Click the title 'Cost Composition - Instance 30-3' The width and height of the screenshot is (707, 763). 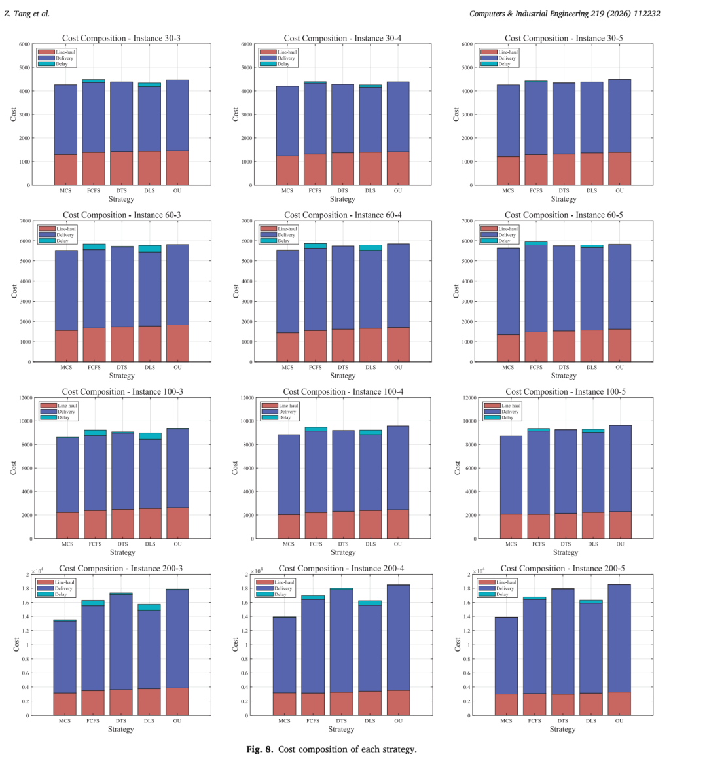pyautogui.click(x=121, y=38)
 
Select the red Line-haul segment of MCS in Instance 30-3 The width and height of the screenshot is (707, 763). pyautogui.click(x=65, y=170)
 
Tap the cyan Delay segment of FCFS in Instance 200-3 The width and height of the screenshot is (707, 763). pyautogui.click(x=93, y=603)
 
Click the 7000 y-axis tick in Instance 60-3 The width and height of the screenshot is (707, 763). pyautogui.click(x=26, y=221)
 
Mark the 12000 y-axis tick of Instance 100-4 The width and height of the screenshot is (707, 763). pyautogui.click(x=247, y=398)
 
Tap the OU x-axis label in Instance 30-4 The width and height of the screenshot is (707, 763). pyautogui.click(x=398, y=191)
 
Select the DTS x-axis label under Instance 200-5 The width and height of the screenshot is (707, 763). pyautogui.click(x=562, y=720)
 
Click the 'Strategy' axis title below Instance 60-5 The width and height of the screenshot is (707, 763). pyautogui.click(x=564, y=376)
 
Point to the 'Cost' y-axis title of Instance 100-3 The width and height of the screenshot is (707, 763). pyautogui.click(x=13, y=468)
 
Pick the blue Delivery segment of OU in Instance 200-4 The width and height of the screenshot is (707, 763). pyautogui.click(x=398, y=638)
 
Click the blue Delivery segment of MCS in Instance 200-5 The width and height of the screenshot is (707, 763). pyautogui.click(x=507, y=656)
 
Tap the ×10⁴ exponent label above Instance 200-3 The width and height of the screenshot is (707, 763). pyautogui.click(x=37, y=571)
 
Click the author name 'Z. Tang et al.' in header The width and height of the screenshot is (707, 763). pyautogui.click(x=27, y=14)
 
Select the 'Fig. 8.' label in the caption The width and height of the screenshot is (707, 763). pyautogui.click(x=259, y=749)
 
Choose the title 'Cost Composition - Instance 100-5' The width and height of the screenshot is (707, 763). pyautogui.click(x=566, y=392)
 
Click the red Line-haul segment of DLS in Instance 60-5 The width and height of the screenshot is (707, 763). pyautogui.click(x=592, y=346)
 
